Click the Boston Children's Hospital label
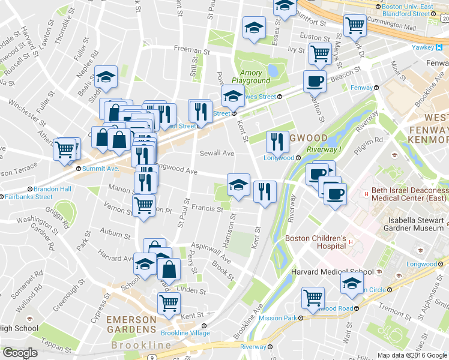click(315, 242)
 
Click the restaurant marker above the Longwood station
click(277, 142)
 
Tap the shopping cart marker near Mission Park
click(313, 297)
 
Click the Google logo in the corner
click(20, 353)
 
